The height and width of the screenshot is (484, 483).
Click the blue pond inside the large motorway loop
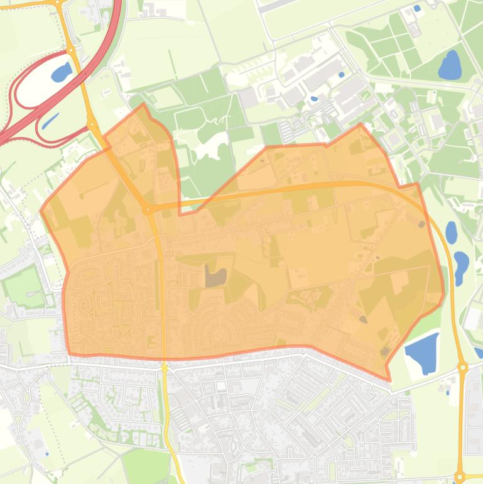coord(61,72)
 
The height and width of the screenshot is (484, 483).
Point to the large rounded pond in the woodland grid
coord(450,65)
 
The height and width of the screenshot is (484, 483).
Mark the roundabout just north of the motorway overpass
coord(71,50)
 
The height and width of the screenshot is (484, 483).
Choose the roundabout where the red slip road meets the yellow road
coord(92,125)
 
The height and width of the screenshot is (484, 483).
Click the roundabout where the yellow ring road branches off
coord(147,209)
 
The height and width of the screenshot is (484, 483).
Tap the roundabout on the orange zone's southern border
coord(165,365)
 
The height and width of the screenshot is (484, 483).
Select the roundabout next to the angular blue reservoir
coord(462,367)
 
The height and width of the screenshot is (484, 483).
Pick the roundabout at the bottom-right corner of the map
coord(460,477)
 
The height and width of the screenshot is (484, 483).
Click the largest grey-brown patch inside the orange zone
coord(215,276)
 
